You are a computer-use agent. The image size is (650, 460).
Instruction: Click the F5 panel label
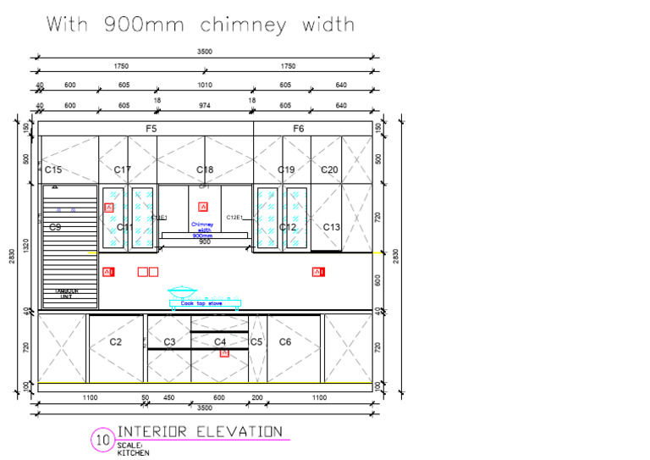coord(151,129)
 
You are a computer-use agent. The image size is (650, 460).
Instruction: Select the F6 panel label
coord(298,129)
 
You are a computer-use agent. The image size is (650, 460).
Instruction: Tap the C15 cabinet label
coord(52,170)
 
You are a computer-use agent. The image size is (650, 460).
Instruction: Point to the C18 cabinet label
coord(205,170)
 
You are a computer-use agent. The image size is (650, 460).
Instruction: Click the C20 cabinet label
coord(329,170)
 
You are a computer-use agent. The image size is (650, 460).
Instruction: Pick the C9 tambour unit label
coord(55,227)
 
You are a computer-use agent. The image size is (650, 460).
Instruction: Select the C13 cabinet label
coord(331,227)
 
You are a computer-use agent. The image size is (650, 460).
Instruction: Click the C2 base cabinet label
coord(116,342)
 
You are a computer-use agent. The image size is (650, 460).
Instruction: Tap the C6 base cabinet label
coord(285,342)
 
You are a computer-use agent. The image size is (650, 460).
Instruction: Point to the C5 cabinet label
coord(256,342)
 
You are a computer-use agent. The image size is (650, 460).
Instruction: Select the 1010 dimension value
coord(205,84)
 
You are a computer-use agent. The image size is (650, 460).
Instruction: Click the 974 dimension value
coord(205,106)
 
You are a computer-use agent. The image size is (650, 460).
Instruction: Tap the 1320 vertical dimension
coord(25,246)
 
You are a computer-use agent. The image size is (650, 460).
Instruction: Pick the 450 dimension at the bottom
coord(168,398)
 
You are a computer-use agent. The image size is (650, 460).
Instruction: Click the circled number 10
coord(102,441)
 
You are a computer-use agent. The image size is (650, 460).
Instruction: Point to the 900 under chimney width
coord(204,241)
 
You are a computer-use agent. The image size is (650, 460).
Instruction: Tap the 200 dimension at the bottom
coord(256,398)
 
